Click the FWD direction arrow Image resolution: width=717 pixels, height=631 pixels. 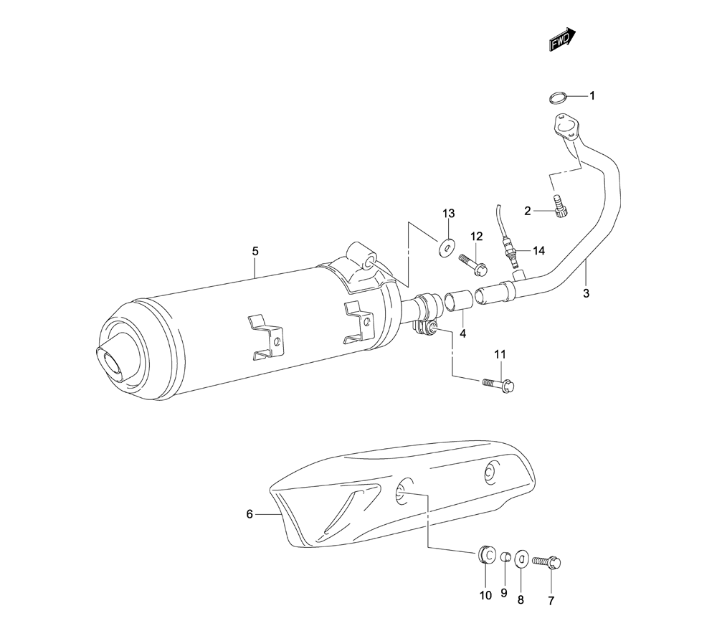(x=562, y=39)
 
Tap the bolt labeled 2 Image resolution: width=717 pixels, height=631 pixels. (x=559, y=207)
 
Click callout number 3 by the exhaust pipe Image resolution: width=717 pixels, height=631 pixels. (x=587, y=293)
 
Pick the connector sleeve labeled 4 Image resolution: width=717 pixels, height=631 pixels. (x=457, y=302)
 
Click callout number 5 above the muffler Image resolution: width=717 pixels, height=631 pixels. (x=255, y=251)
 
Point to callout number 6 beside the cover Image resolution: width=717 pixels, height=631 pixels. (x=250, y=514)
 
